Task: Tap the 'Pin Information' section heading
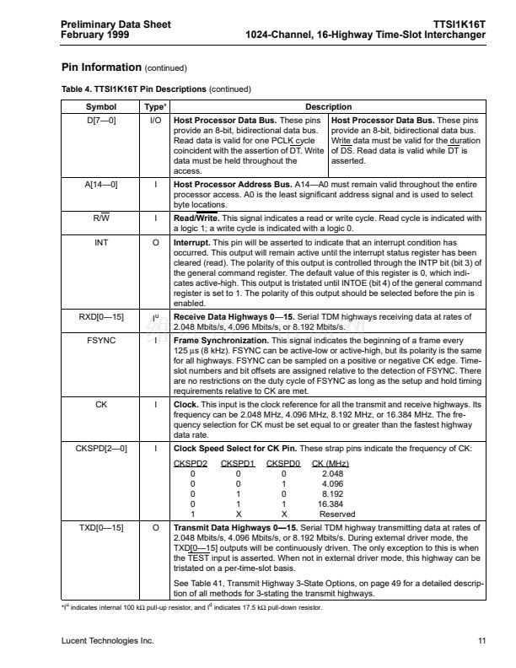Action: pyautogui.click(x=102, y=67)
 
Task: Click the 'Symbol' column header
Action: pyautogui.click(x=101, y=107)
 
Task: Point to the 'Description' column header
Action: pyautogui.click(x=328, y=107)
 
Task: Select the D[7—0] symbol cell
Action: pyautogui.click(x=101, y=121)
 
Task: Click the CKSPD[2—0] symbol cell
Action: pyautogui.click(x=101, y=448)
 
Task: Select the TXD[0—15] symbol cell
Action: pyautogui.click(x=101, y=527)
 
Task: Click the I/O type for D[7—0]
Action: pyautogui.click(x=155, y=121)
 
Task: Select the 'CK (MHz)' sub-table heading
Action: pyautogui.click(x=330, y=464)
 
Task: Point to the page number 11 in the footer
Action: pyautogui.click(x=481, y=641)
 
